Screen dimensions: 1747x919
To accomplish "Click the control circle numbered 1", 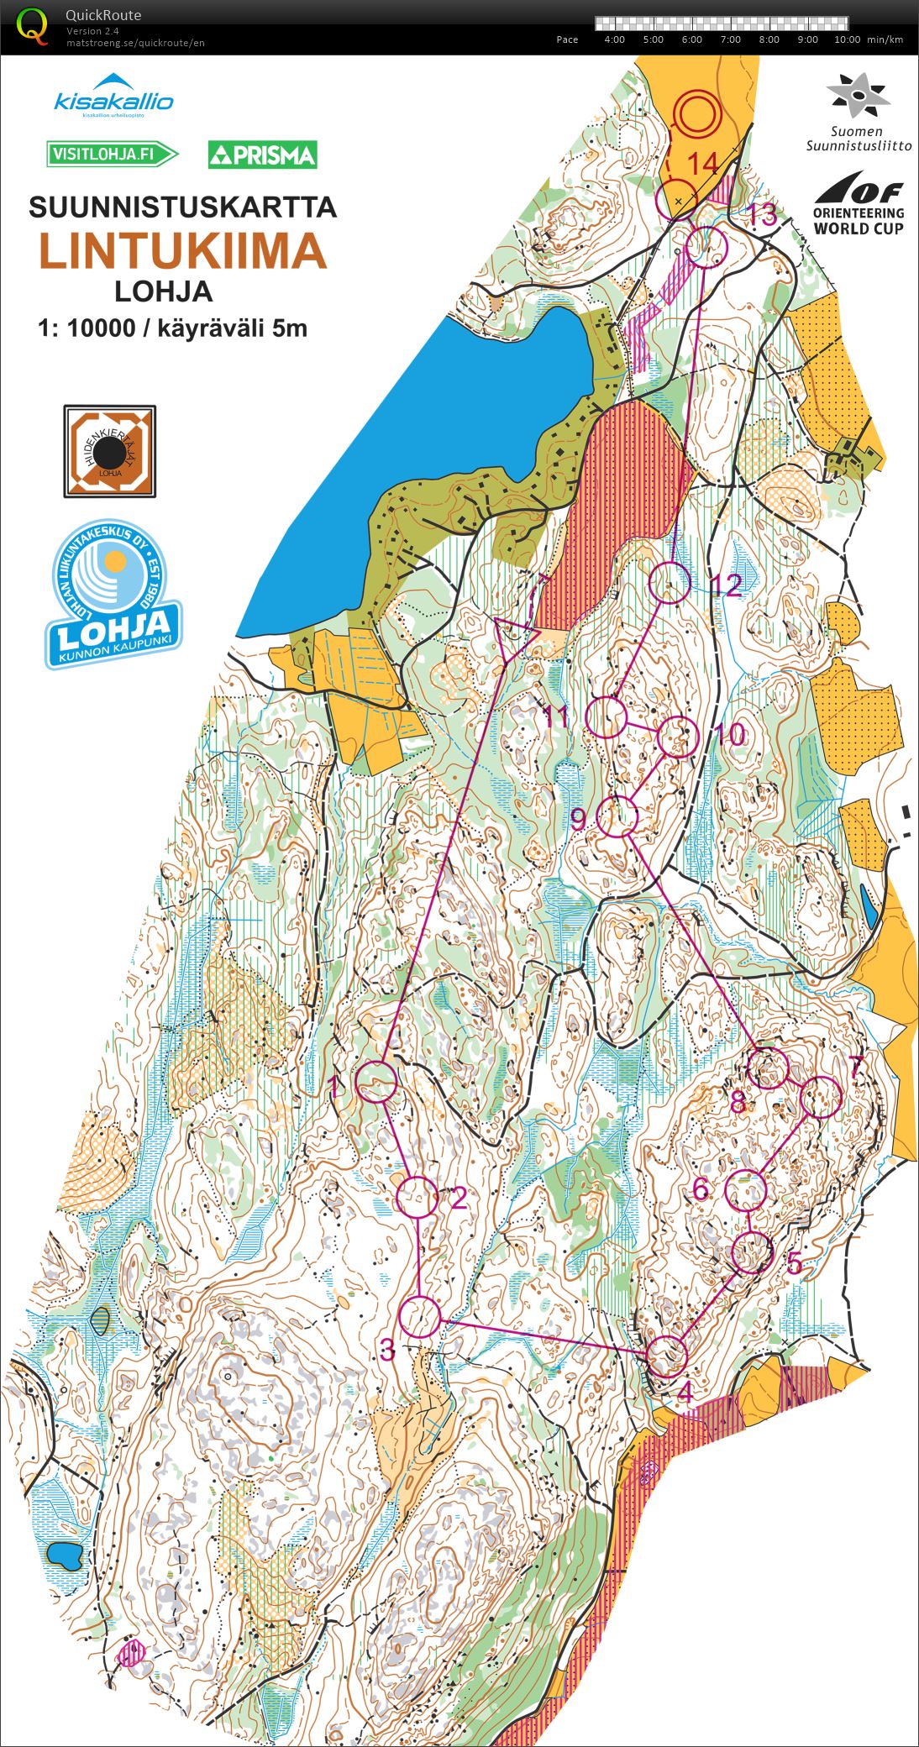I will coord(377,1081).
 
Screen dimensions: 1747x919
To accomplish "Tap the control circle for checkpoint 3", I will coord(420,1317).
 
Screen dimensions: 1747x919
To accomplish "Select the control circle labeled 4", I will coord(668,1356).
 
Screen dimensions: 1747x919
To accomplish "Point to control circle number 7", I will coord(822,1097).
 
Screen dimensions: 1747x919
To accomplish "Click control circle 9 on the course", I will coord(619,816).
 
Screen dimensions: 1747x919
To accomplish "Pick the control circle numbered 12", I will coord(670,582).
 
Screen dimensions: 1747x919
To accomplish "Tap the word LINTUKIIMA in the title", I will coord(182,250).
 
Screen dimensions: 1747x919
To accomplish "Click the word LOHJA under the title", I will coord(163,291).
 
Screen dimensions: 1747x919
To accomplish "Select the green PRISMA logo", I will coord(262,155).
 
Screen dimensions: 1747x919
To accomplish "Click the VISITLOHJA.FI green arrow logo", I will coord(113,154).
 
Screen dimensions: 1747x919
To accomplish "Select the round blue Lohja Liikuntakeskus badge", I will coord(113,593).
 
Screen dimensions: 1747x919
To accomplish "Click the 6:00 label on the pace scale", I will coord(691,39).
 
